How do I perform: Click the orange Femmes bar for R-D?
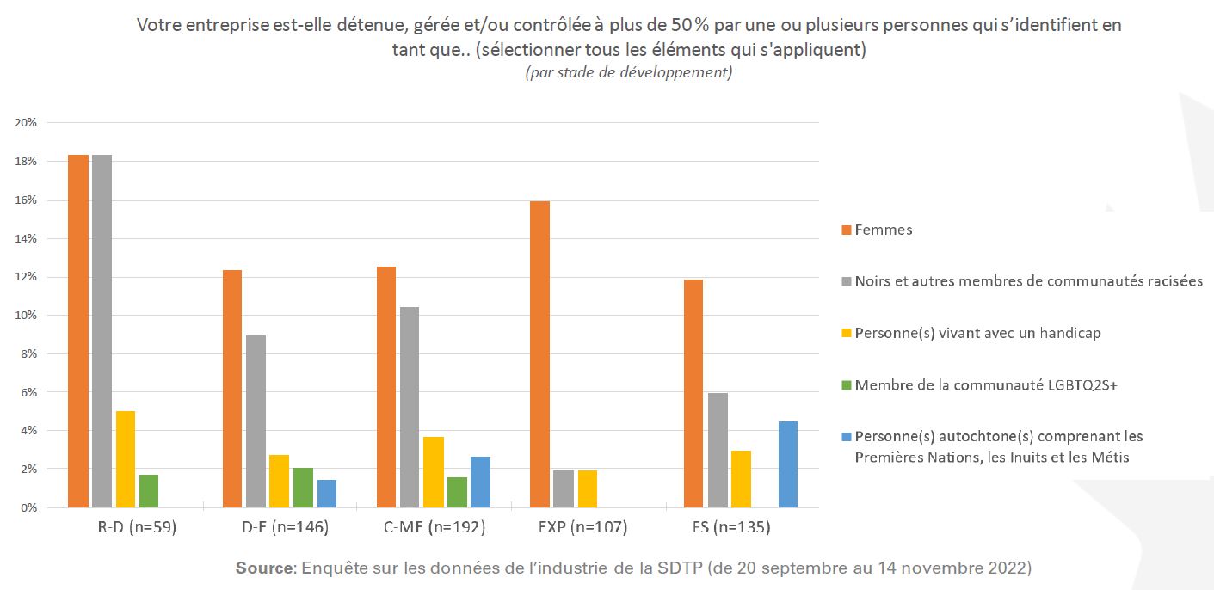78,331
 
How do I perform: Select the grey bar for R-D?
102,331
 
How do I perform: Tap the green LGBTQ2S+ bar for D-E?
303,488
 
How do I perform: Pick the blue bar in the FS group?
787,464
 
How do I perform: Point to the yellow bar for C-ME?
434,472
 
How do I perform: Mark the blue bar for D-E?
327,494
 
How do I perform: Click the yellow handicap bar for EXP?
588,489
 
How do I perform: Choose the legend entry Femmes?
884,230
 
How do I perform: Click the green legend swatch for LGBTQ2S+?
847,385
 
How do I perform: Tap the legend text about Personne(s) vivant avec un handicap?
977,334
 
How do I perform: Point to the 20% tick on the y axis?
26,123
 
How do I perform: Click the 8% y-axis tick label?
28,353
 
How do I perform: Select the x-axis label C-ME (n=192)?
434,527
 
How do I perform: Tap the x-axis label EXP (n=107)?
588,527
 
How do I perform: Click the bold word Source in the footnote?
265,568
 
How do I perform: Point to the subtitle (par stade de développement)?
629,72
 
